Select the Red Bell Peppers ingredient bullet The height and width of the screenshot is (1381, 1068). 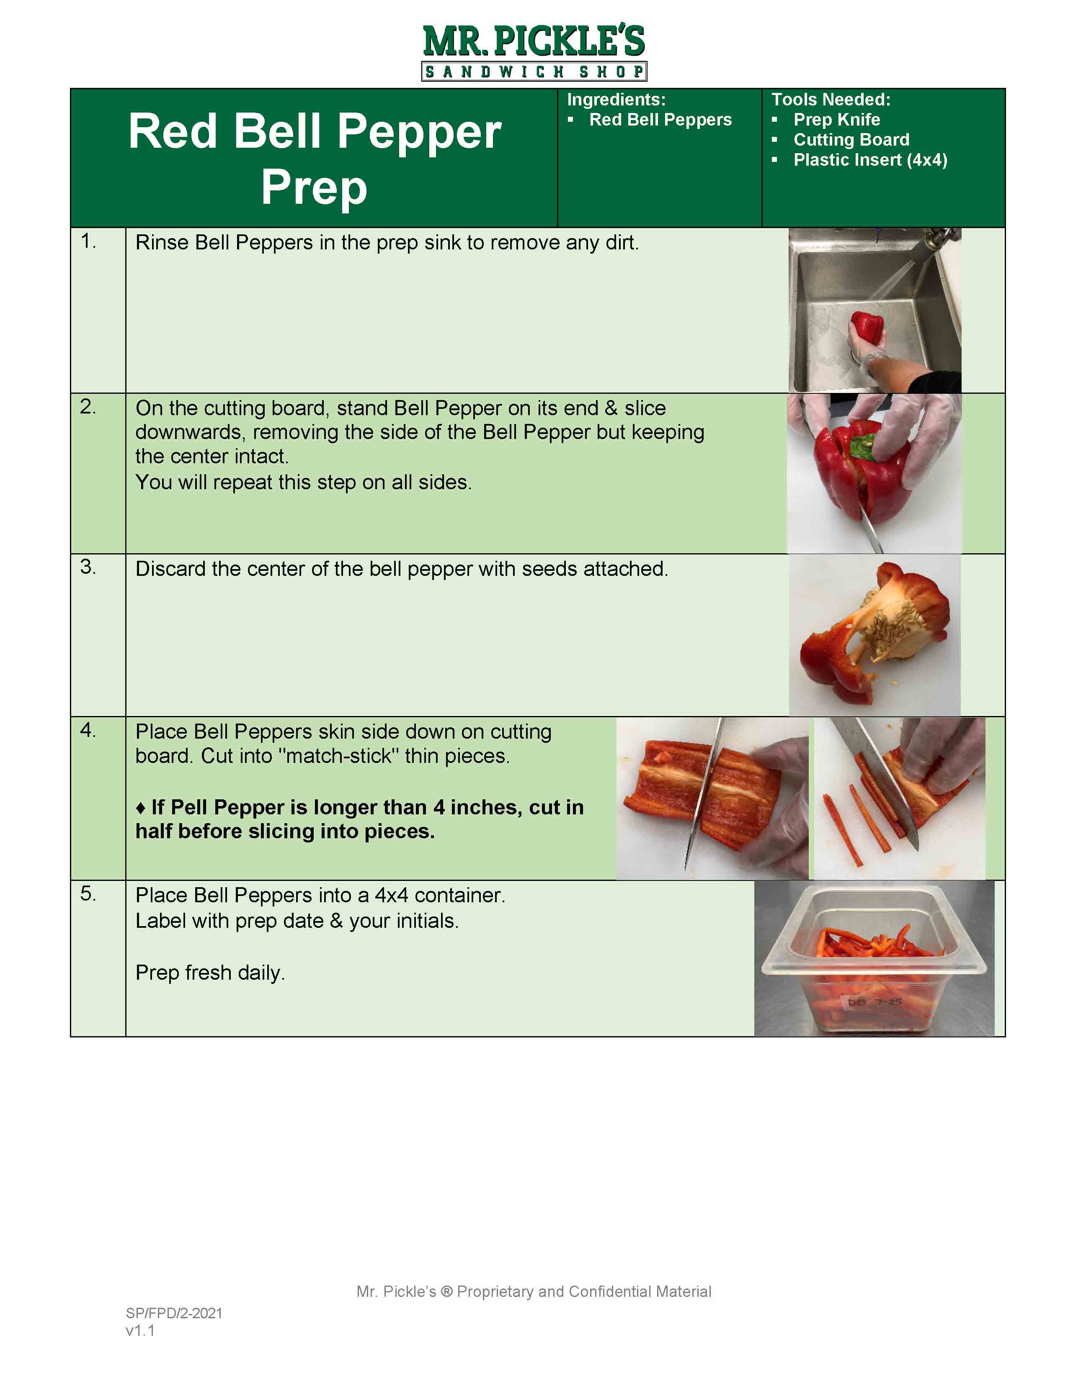tap(660, 120)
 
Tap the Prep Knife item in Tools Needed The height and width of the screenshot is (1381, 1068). tap(836, 120)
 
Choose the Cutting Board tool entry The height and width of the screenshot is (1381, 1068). tap(851, 140)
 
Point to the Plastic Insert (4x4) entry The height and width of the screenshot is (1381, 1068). tap(870, 160)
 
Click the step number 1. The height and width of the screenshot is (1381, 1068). tap(88, 241)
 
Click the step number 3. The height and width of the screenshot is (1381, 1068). tap(88, 567)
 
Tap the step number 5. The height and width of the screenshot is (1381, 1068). tap(88, 893)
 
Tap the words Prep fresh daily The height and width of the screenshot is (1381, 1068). tap(210, 973)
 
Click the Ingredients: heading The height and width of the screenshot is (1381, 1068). tap(616, 100)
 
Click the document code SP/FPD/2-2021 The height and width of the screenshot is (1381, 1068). tap(174, 1313)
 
